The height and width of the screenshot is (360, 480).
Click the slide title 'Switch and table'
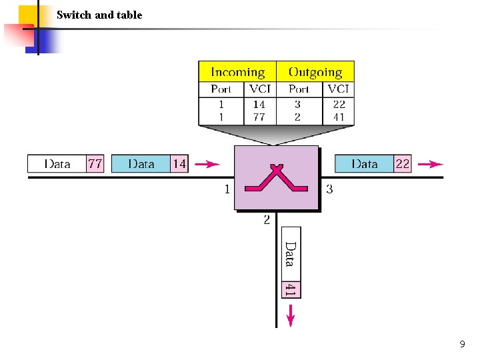[x=99, y=15]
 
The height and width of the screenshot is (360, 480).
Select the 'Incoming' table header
[x=237, y=72]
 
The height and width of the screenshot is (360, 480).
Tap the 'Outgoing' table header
[x=315, y=72]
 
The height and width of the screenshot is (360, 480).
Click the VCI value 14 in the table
[x=259, y=104]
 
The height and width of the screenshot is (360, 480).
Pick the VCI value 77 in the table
[x=259, y=117]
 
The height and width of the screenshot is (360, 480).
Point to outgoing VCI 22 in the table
[x=339, y=104]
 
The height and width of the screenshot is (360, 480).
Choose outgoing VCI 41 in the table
[x=339, y=117]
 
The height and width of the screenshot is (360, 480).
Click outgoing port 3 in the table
[x=297, y=104]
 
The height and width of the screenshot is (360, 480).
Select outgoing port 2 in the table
[x=297, y=117]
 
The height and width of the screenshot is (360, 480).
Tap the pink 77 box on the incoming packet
[x=95, y=164]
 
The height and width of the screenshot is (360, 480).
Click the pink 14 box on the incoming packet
[x=179, y=164]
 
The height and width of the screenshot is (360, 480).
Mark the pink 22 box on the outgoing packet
[x=403, y=164]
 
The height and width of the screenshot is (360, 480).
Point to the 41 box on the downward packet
[x=291, y=289]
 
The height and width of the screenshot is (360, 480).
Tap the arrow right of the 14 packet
[x=208, y=164]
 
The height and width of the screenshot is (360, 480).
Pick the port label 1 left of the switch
[x=227, y=189]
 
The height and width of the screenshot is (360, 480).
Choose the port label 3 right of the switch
[x=329, y=189]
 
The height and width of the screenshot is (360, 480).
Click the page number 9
[x=462, y=345]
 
